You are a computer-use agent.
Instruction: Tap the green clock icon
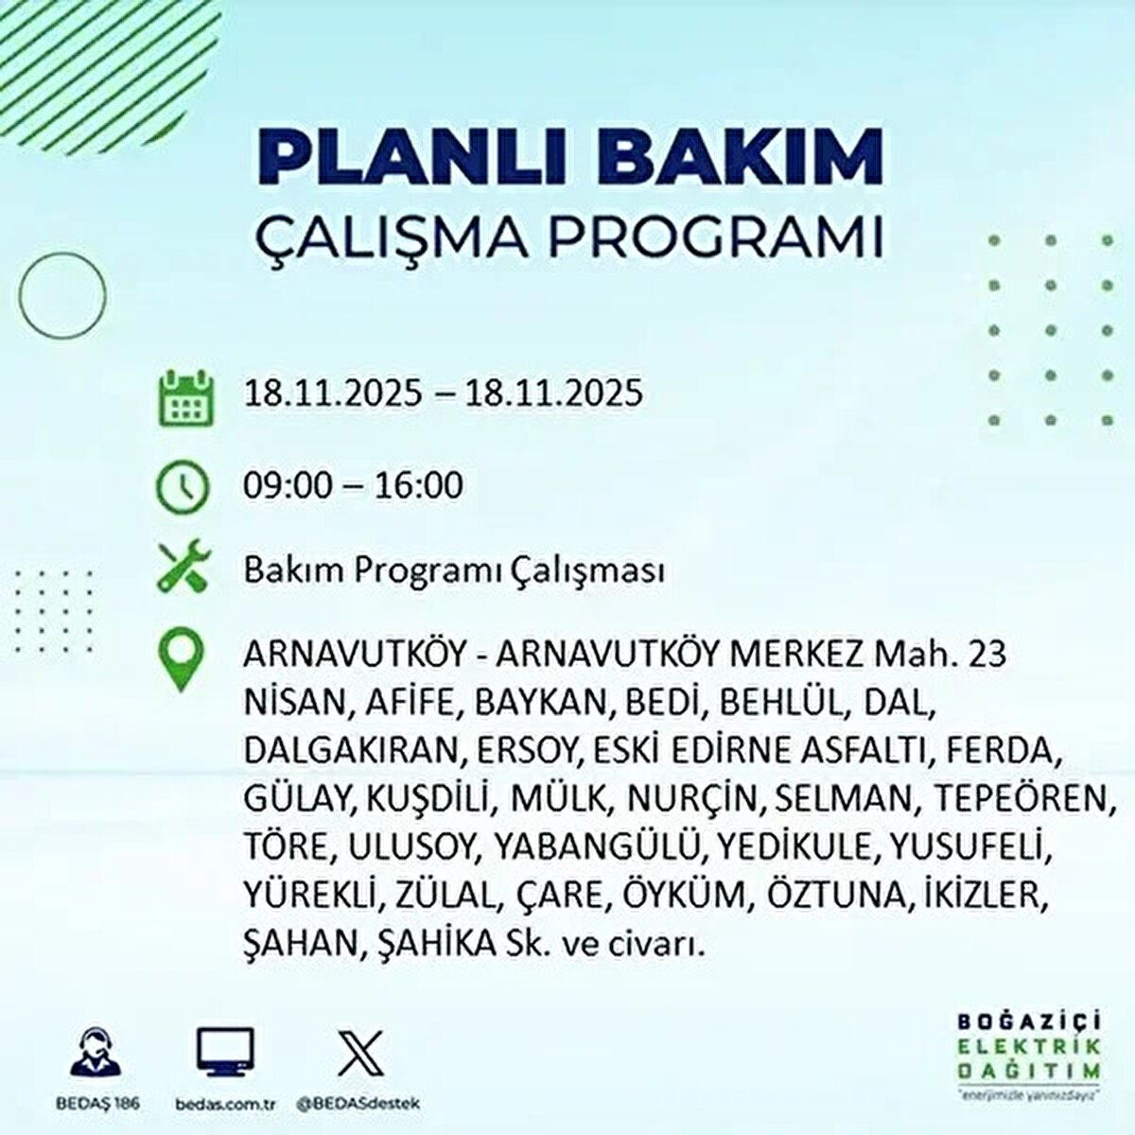point(183,486)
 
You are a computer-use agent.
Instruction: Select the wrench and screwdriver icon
point(183,569)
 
